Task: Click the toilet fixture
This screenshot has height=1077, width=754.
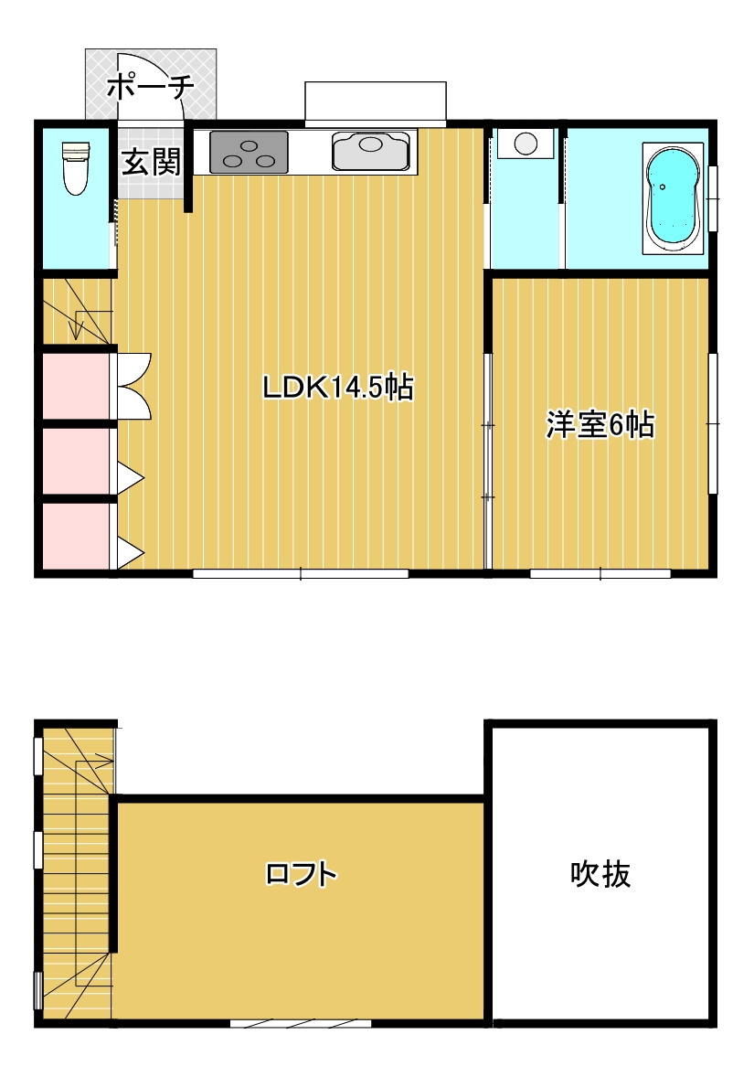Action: (x=76, y=167)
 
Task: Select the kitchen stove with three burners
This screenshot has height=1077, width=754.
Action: (x=249, y=152)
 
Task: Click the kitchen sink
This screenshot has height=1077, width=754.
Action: (x=372, y=151)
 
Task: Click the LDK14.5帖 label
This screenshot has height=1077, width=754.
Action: (x=338, y=388)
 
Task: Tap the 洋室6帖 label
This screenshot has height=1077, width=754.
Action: (x=600, y=425)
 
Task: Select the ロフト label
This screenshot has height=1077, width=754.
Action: (x=302, y=874)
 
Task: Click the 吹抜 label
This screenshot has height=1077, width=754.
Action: (x=600, y=874)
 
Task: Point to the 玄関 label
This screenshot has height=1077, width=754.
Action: (x=151, y=162)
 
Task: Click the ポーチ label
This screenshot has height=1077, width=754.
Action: (x=151, y=87)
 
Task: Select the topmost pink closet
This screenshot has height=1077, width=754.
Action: (x=76, y=386)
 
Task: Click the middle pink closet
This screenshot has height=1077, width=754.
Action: (x=76, y=461)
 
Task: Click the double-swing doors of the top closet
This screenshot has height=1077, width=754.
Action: (x=134, y=386)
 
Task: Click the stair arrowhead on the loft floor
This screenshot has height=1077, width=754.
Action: (x=103, y=761)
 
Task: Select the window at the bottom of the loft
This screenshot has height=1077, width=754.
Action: (x=301, y=1023)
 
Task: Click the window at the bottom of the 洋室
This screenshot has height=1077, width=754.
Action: (x=600, y=573)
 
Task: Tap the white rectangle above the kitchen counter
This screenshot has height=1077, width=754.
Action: (x=376, y=102)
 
